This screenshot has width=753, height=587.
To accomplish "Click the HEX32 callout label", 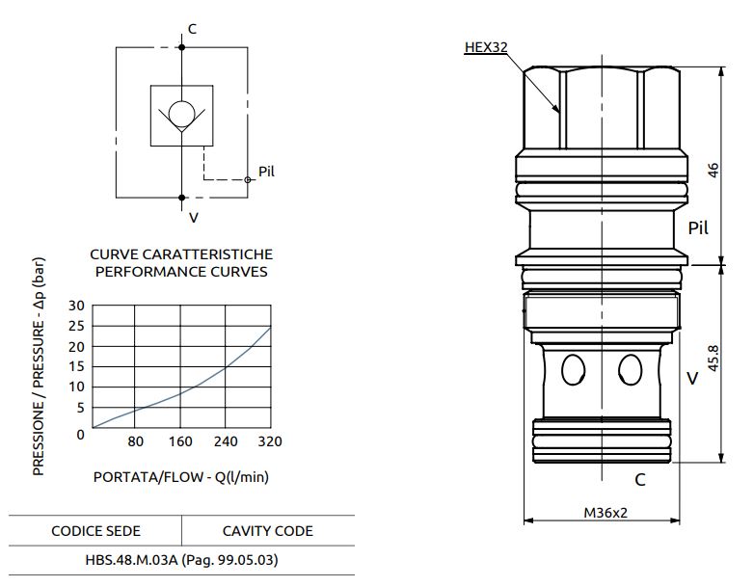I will click(485, 46).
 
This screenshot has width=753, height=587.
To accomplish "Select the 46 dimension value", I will click(713, 170).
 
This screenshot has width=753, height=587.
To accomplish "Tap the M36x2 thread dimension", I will click(605, 513).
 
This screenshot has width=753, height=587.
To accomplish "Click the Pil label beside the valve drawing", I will click(698, 228).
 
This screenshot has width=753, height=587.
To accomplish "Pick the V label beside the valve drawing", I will click(692, 379).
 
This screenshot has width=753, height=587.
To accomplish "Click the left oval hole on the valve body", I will click(573, 369).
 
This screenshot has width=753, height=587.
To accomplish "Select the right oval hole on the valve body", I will click(631, 369).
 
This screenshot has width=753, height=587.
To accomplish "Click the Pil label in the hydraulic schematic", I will click(267, 172).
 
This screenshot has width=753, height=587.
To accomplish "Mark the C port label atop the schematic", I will click(192, 29).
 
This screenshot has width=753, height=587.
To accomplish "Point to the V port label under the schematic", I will click(193, 218).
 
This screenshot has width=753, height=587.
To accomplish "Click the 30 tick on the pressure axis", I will click(77, 306).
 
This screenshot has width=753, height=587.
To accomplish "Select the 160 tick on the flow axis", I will click(180, 442).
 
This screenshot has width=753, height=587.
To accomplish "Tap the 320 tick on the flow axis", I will click(270, 442).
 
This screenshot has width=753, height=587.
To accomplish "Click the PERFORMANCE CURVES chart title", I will click(181, 272).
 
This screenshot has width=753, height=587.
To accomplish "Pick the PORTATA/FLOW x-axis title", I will click(180, 477).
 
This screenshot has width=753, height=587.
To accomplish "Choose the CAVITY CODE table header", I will click(268, 531).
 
